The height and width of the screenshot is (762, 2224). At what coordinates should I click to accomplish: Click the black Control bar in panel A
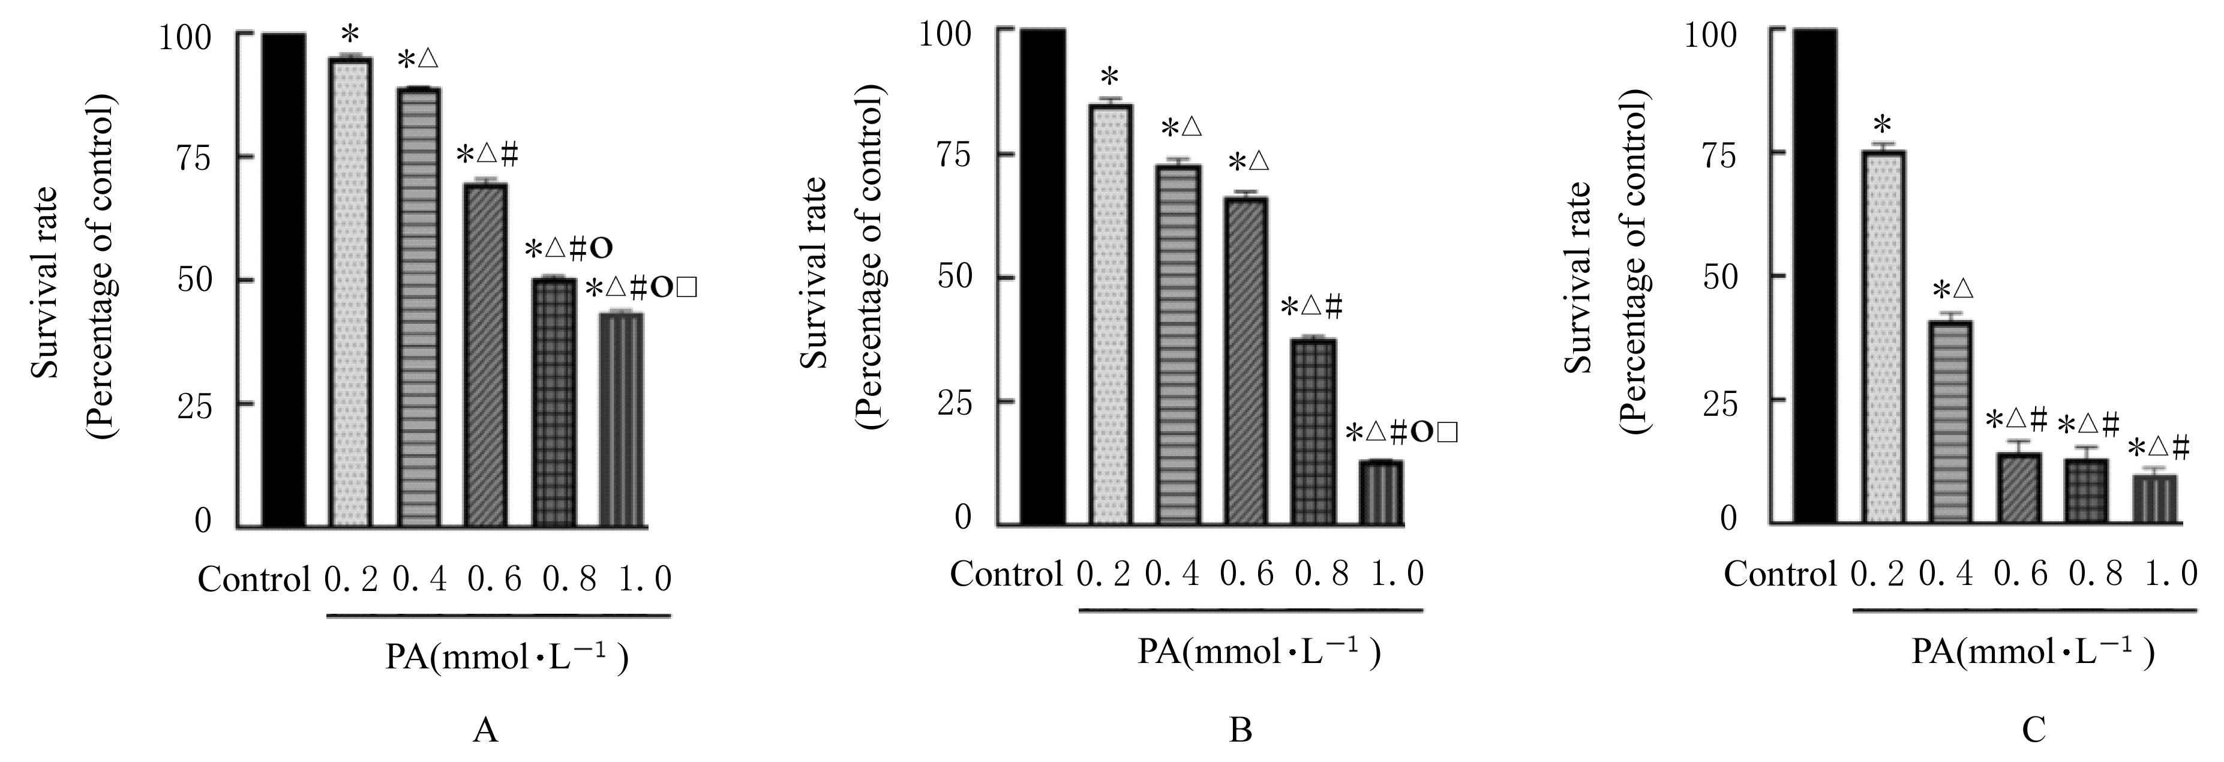(x=283, y=280)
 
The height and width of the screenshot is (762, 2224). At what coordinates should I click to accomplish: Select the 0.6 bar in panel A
(x=485, y=355)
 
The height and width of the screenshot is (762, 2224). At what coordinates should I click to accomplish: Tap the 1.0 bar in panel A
(x=621, y=419)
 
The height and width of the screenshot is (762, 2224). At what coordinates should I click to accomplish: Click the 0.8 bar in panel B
(x=1313, y=431)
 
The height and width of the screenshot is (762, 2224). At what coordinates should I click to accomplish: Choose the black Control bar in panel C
(x=1814, y=276)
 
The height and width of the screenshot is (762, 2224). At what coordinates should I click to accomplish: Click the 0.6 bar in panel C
(x=2019, y=488)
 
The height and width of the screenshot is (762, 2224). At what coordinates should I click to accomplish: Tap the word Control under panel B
(x=1006, y=574)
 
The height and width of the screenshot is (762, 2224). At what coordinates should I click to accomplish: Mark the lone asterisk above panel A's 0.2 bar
(x=350, y=35)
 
